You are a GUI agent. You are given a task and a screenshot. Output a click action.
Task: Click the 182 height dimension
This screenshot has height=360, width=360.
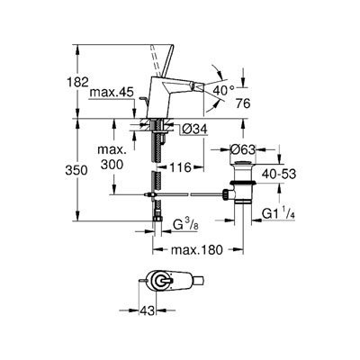coord(77,82)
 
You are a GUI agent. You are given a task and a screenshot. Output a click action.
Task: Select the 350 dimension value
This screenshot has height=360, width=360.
coord(76,170)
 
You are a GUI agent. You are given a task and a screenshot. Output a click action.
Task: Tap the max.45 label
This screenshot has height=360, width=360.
coord(112,93)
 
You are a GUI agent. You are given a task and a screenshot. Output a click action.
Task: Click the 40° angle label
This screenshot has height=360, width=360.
coord(224,90)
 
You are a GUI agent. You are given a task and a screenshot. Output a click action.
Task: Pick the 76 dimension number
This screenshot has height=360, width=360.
coord(243,103)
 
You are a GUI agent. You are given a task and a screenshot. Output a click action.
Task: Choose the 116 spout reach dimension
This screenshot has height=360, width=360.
coord(180,167)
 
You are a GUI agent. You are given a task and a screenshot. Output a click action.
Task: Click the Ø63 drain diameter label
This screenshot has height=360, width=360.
coord(243,149)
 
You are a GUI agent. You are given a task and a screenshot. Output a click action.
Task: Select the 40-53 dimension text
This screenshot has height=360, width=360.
coord(279,174)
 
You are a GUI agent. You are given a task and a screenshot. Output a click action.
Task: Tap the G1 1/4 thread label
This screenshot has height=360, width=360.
coord(278,213)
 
